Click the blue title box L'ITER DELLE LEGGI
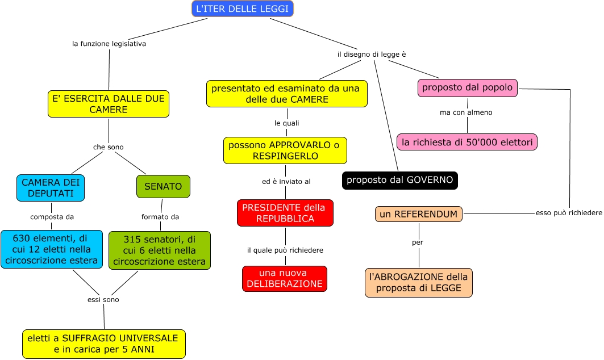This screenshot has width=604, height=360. pyautogui.click(x=243, y=9)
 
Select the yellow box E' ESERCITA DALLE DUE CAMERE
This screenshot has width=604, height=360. pyautogui.click(x=108, y=104)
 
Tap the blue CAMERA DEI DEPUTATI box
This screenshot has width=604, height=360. pyautogui.click(x=51, y=187)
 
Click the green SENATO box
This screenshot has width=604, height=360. pyautogui.click(x=163, y=186)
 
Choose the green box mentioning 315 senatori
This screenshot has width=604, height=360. pyautogui.click(x=159, y=250)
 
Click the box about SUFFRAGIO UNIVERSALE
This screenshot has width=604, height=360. pyautogui.click(x=104, y=344)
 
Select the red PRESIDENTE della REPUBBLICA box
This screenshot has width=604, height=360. pyautogui.click(x=285, y=213)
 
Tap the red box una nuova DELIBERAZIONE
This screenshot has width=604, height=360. pyautogui.click(x=285, y=278)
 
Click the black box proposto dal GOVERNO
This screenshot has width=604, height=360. pyautogui.click(x=399, y=180)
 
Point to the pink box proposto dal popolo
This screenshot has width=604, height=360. pyautogui.click(x=468, y=88)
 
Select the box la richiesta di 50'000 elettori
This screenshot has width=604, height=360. pyautogui.click(x=467, y=142)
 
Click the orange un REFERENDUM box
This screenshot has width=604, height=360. pyautogui.click(x=419, y=214)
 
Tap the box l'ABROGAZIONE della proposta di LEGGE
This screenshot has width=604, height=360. pyautogui.click(x=419, y=283)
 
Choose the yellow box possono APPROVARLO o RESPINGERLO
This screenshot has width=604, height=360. pyautogui.click(x=285, y=150)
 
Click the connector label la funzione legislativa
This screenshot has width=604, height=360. pyautogui.click(x=109, y=44)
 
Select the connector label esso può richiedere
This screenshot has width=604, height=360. pyautogui.click(x=569, y=213)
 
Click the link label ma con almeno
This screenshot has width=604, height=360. pyautogui.click(x=466, y=112)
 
